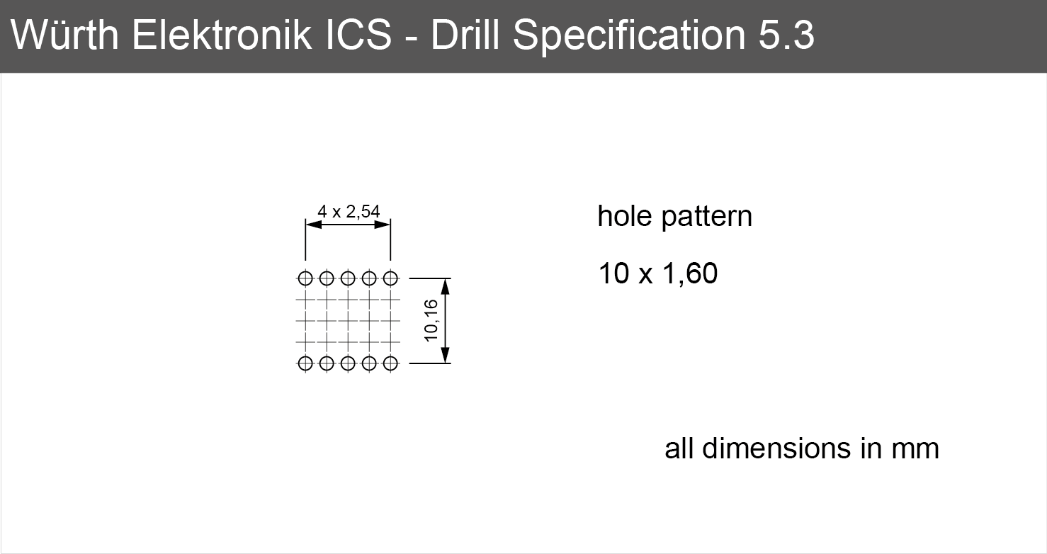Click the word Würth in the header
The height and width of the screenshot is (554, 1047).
click(64, 35)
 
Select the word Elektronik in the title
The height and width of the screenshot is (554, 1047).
click(222, 35)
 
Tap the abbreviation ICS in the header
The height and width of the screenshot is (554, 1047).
click(358, 35)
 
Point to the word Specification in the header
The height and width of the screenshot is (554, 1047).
click(629, 38)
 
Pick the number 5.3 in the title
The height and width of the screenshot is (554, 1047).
click(786, 35)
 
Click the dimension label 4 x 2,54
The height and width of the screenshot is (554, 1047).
click(349, 212)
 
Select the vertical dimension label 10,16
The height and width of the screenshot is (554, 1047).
click(431, 321)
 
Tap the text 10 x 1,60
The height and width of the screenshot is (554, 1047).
click(657, 273)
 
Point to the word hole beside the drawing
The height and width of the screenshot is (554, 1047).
click(625, 216)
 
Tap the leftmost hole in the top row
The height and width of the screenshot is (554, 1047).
click(305, 278)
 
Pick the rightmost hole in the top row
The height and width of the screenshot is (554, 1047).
click(390, 278)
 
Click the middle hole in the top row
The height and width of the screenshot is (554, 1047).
click(348, 278)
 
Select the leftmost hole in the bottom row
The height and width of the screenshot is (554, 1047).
click(305, 363)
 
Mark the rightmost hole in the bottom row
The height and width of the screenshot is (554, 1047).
click(390, 363)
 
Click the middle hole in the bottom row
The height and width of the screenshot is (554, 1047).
click(348, 363)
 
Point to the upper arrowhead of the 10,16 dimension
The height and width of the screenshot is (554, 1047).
click(446, 286)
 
